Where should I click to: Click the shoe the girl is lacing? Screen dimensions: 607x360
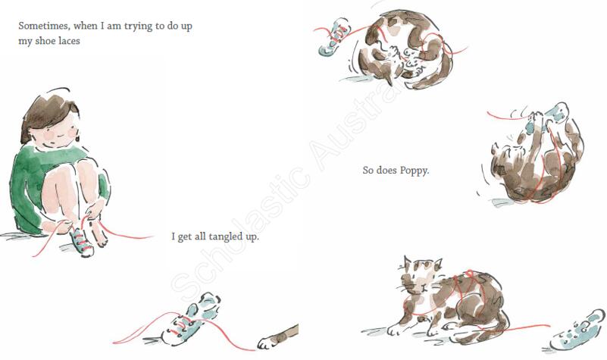[x=81, y=241]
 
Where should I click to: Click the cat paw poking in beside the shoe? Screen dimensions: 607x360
[x=277, y=337]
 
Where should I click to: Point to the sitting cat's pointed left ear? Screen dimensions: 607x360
[x=407, y=262]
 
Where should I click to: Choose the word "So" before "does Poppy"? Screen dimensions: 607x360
[x=368, y=170]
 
